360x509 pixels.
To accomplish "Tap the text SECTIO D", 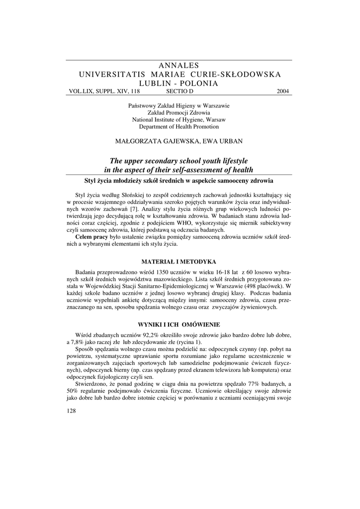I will [179, 91].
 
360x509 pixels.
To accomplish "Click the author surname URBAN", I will [229, 141].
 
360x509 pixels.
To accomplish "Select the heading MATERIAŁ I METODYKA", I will [179, 261].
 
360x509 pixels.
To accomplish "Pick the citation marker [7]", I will [133, 209].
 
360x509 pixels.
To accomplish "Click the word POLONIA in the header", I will [200, 84].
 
